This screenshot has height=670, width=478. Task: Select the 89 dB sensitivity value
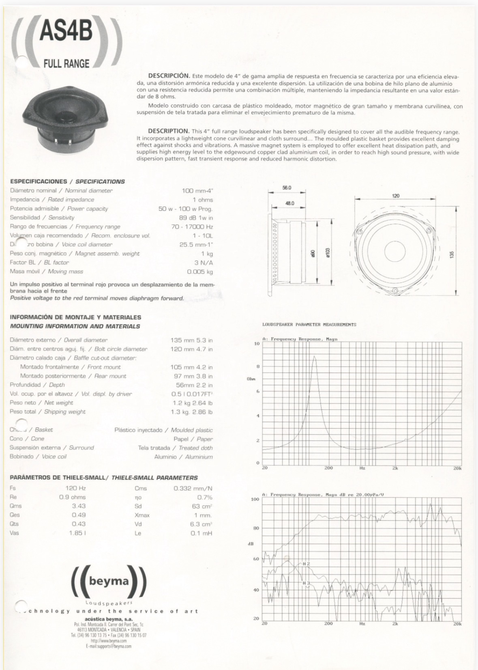tap(196, 218)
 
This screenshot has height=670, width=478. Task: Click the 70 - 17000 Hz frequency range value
tap(192, 226)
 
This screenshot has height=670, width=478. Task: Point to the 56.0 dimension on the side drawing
tap(287, 188)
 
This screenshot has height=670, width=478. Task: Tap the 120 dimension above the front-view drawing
tap(395, 196)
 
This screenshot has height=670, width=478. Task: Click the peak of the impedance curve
tap(315, 357)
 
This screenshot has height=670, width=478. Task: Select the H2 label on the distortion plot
tap(306, 564)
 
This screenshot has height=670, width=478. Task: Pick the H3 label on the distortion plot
tap(306, 583)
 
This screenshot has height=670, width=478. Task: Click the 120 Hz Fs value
tap(75, 488)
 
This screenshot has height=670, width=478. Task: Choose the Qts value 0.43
tap(79, 524)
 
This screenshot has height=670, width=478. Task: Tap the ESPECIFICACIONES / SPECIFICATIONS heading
tap(67, 181)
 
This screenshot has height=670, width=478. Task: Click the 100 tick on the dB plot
tap(255, 499)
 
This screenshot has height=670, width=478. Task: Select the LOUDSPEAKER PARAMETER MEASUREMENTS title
tap(309, 325)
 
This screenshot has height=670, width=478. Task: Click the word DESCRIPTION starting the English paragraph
tap(169, 131)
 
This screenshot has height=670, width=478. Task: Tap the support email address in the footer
tap(109, 646)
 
